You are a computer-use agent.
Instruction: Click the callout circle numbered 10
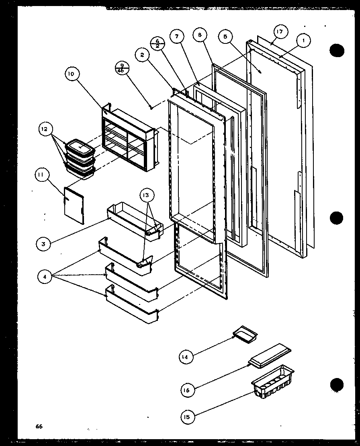click(x=71, y=74)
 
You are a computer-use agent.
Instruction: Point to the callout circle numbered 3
click(x=43, y=243)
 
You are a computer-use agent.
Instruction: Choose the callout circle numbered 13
click(x=146, y=195)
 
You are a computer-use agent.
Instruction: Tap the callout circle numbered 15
click(x=188, y=417)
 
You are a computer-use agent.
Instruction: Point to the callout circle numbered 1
click(x=303, y=40)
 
